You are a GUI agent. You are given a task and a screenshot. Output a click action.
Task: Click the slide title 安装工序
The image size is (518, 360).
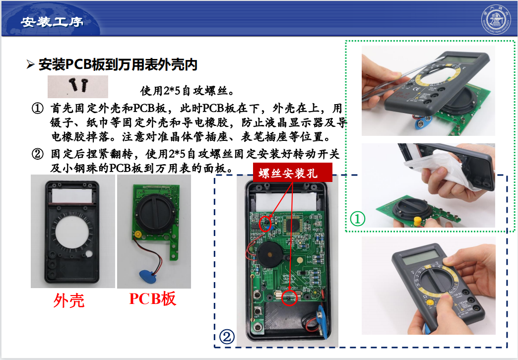click(x=52, y=22)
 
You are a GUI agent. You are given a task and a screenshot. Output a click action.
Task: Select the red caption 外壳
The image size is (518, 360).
click(x=69, y=300)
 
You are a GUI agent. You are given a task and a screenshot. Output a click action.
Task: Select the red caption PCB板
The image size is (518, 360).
click(x=153, y=299)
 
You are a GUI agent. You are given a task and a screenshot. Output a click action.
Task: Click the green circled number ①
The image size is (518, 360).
click(x=357, y=218)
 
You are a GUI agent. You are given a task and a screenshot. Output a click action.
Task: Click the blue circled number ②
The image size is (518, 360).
click(x=226, y=337)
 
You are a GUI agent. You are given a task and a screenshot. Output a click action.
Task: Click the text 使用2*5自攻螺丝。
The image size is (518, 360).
click(x=184, y=91)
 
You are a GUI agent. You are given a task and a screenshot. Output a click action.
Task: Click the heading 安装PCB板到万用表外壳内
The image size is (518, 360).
click(x=118, y=64)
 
